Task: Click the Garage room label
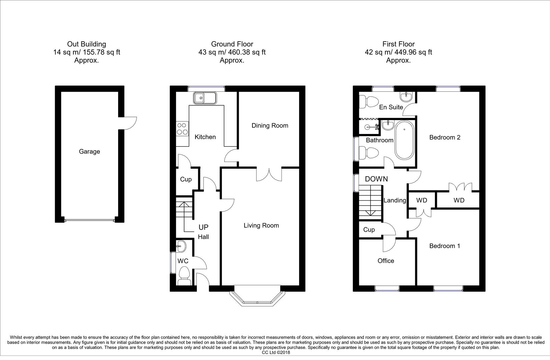tap(89, 152)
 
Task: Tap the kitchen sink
tap(204, 98)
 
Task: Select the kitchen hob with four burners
tap(182, 129)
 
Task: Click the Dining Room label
tap(270, 126)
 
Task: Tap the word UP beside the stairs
tap(203, 227)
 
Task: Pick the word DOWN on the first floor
tap(376, 179)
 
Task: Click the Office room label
tap(386, 261)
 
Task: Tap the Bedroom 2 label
tap(445, 137)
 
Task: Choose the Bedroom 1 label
tap(445, 246)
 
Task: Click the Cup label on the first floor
tap(369, 230)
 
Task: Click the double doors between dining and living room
tap(269, 174)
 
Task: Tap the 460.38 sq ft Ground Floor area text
tap(232, 52)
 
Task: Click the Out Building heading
tap(86, 44)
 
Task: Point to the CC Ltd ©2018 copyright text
tap(276, 352)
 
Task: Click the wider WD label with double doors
tap(459, 200)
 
